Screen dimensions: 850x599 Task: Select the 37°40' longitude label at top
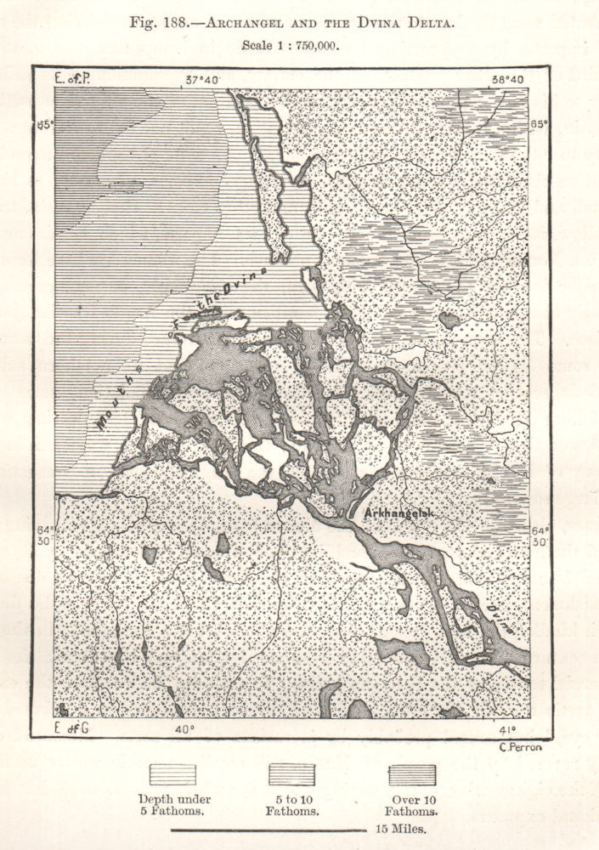click(203, 79)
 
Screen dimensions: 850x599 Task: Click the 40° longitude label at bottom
click(184, 728)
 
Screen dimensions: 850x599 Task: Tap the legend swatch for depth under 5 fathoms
click(172, 775)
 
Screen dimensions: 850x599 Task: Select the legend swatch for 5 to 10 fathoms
click(291, 775)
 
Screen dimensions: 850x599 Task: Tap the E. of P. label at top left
click(72, 79)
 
